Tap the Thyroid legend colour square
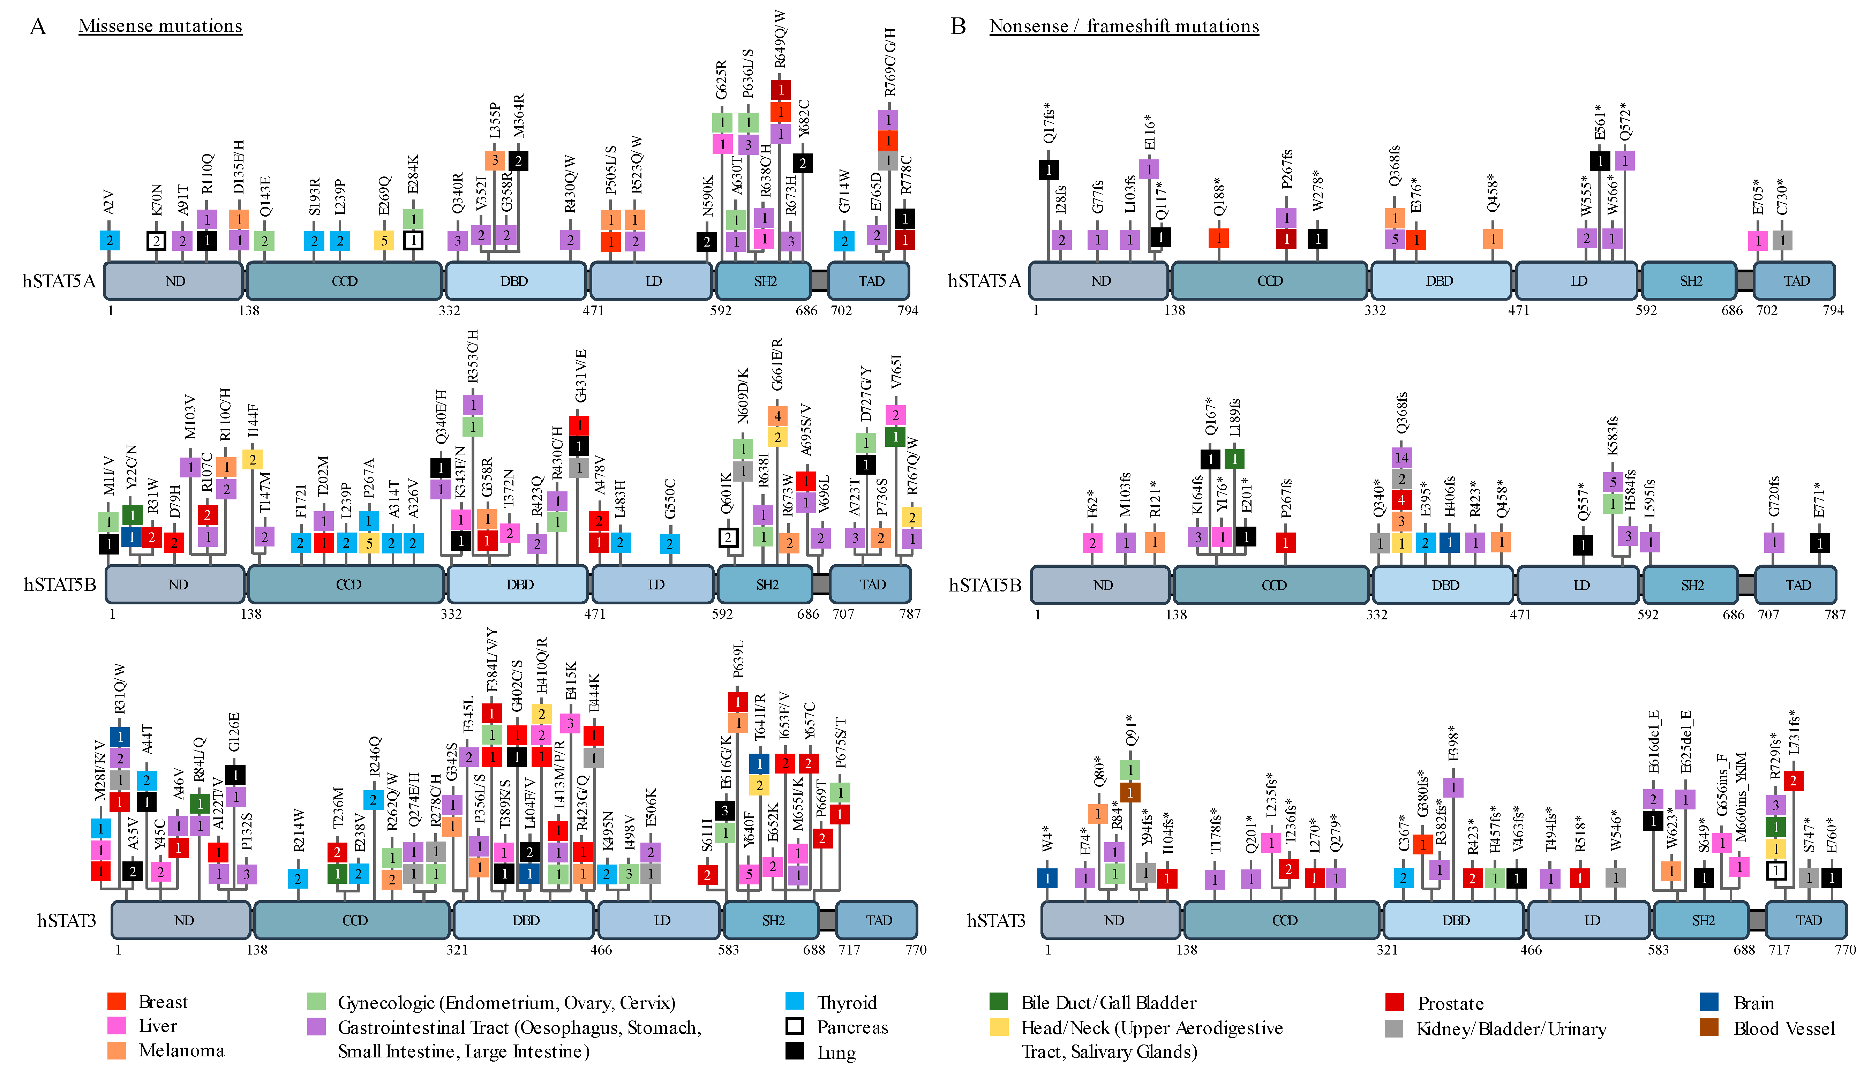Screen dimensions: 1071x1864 [795, 1001]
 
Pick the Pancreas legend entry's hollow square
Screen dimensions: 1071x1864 [795, 1026]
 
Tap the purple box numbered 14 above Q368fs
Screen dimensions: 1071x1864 [1401, 458]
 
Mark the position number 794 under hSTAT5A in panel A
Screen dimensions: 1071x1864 [908, 310]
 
